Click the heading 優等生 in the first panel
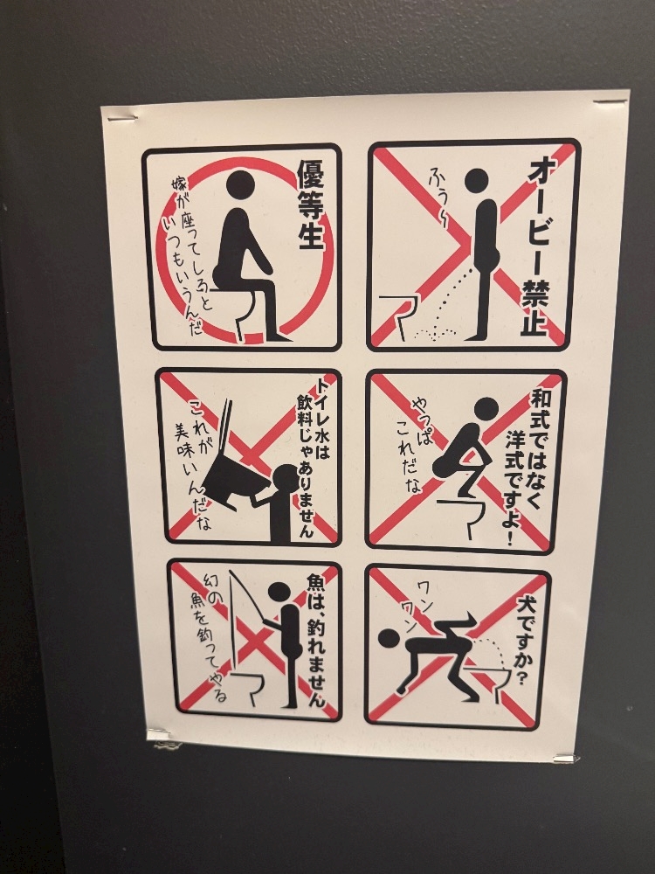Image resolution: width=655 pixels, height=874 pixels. click(x=310, y=205)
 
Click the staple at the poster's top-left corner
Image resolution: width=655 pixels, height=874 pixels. click(x=122, y=118)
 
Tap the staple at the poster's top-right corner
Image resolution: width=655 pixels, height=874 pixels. click(x=610, y=102)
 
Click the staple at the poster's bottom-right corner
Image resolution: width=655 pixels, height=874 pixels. click(x=567, y=758)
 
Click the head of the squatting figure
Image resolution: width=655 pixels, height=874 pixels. click(x=486, y=410)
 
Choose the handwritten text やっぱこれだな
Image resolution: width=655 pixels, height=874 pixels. click(x=415, y=446)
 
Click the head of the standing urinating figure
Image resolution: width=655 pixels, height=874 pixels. click(x=477, y=181)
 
